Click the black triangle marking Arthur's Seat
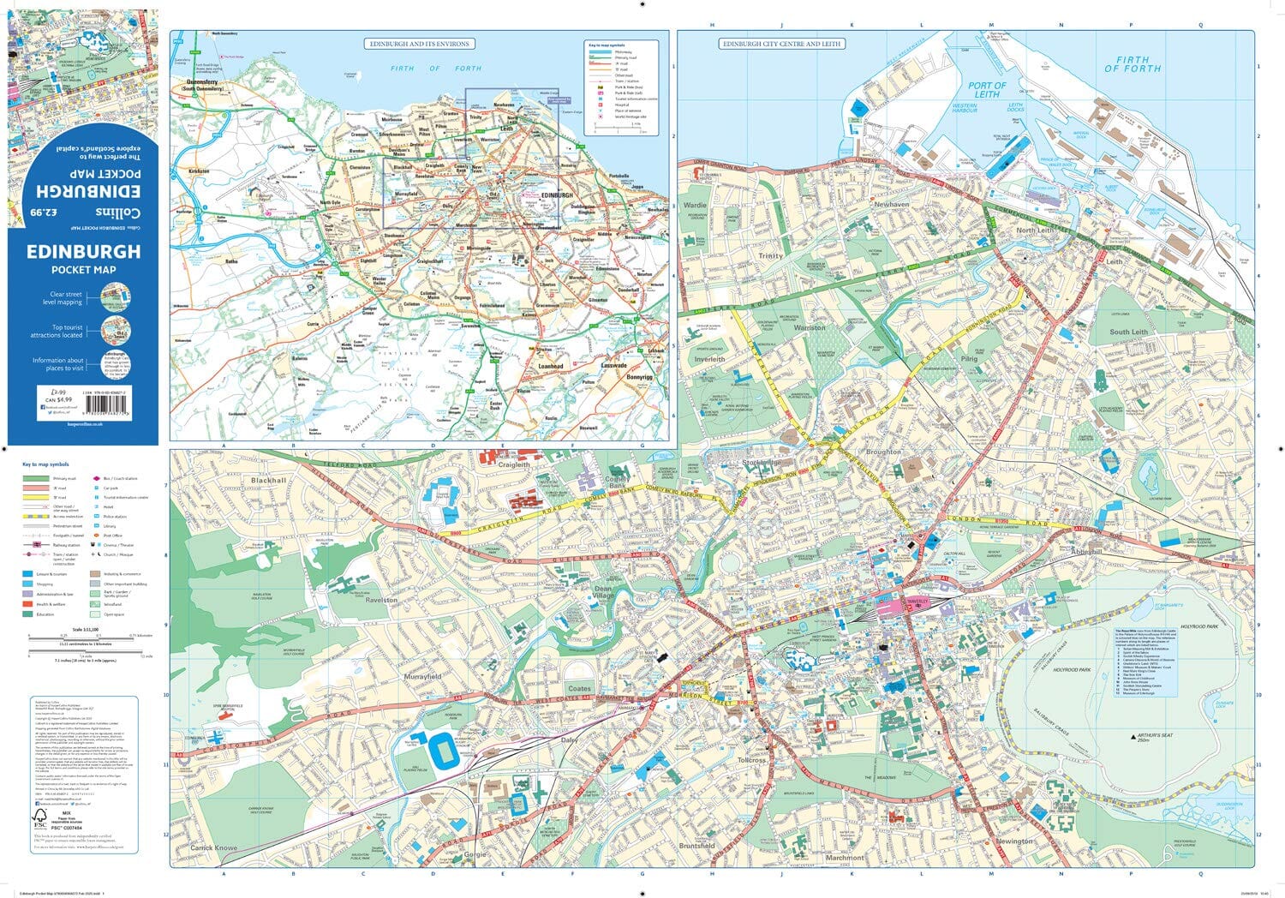1133,736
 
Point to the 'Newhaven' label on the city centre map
891,206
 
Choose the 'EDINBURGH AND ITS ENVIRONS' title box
419,44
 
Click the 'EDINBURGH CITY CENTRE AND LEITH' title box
781,44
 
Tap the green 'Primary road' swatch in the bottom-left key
36,479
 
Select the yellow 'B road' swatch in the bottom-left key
36,498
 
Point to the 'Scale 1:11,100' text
85,629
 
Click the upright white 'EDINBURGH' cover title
83,252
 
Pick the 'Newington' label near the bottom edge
1013,841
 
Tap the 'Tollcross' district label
751,760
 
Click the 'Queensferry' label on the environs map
200,83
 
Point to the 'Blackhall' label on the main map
269,481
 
